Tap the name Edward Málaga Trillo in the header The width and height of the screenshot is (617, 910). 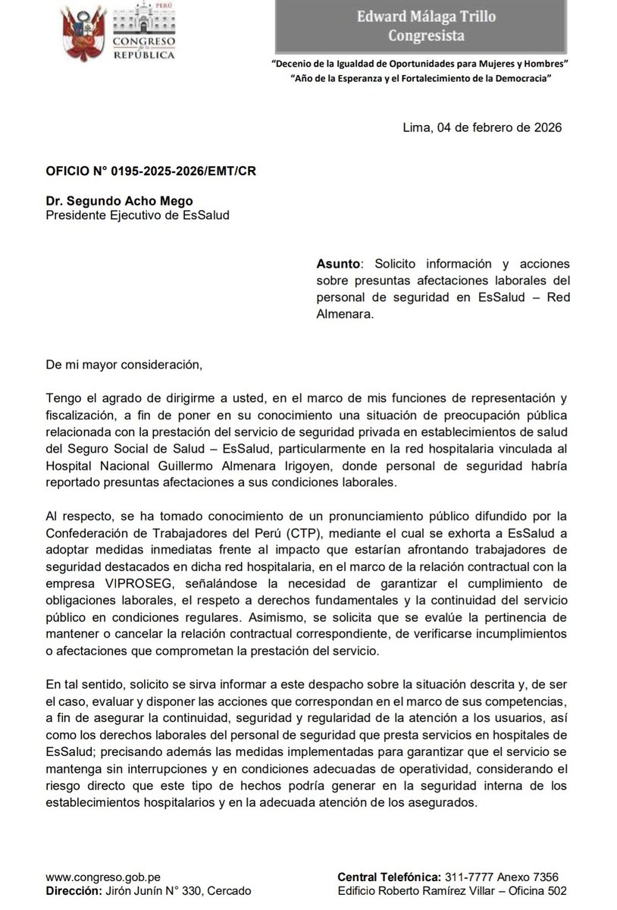click(433, 17)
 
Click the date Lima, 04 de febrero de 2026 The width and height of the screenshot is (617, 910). click(482, 127)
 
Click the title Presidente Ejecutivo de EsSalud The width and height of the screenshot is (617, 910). click(138, 215)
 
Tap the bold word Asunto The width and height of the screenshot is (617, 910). click(339, 263)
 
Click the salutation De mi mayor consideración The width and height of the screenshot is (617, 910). click(125, 364)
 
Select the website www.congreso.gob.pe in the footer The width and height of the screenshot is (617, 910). click(102, 877)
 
